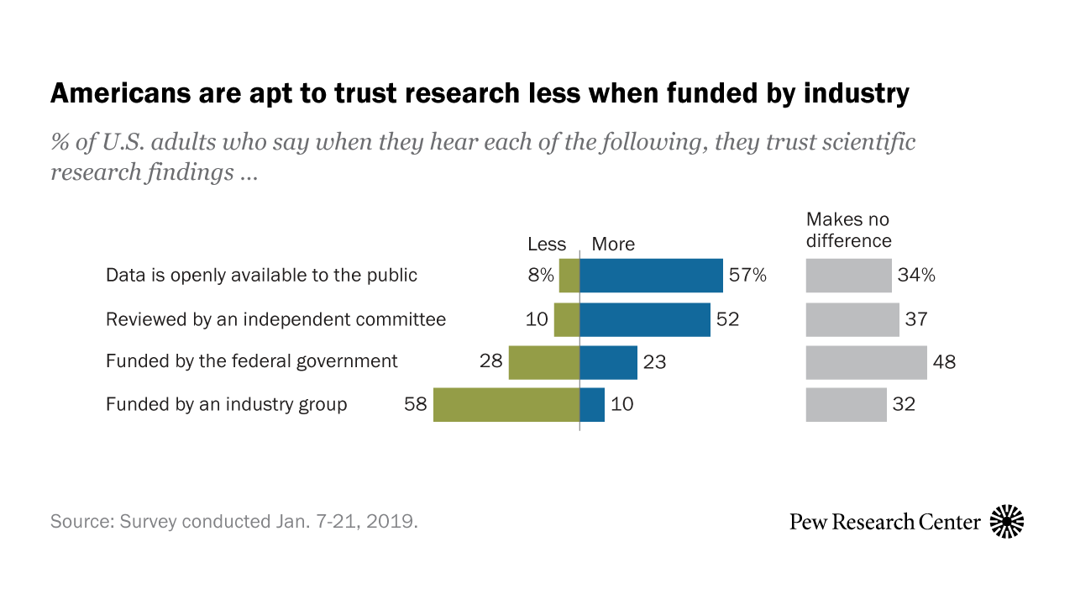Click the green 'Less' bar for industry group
506,404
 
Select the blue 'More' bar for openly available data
651,276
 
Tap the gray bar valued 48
866,362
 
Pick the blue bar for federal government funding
608,362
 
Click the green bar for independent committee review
567,319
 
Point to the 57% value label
747,276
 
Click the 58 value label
416,404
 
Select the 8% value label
541,276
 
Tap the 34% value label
917,276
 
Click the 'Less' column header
547,245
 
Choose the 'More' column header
613,245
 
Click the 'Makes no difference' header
848,230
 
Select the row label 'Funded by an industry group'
226,404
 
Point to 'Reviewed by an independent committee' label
275,319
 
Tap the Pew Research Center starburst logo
1007,522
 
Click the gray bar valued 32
846,404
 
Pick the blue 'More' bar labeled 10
592,404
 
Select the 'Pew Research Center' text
885,522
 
